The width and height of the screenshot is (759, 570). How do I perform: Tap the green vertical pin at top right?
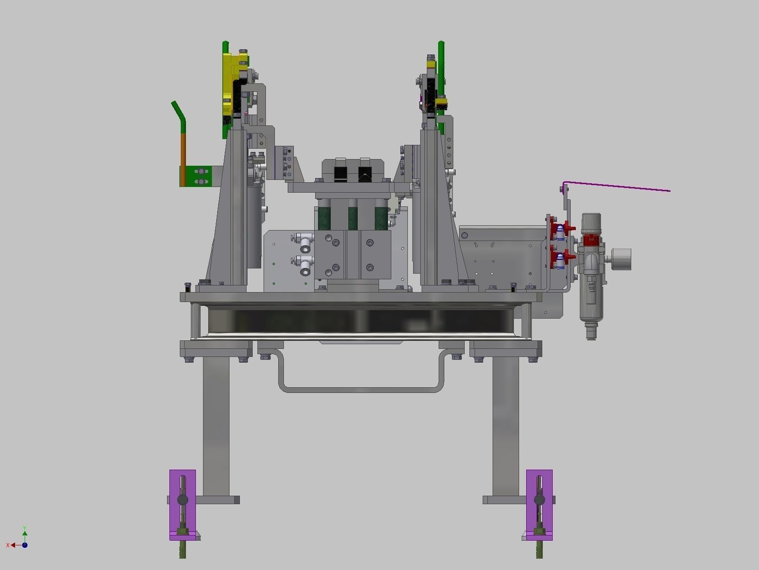[x=441, y=71]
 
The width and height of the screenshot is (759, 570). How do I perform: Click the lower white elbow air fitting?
[x=305, y=265]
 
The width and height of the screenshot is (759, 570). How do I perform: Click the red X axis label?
[x=8, y=545]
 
